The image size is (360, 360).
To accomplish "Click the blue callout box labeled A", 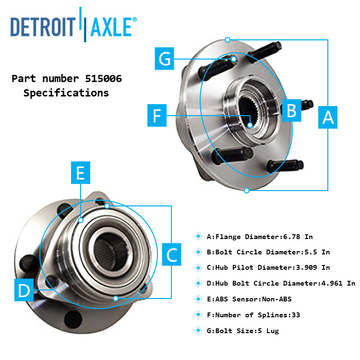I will click(328, 117).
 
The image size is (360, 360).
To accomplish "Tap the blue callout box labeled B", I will click(291, 110).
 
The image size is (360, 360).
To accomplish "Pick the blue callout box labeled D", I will click(24, 290).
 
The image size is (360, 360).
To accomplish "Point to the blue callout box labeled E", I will click(81, 173).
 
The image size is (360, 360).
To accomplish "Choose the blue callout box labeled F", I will click(157, 116).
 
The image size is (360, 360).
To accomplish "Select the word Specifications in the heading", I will click(66, 93).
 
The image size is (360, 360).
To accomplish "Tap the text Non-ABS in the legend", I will click(276, 299).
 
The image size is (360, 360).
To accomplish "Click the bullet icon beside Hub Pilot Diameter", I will click(198, 267).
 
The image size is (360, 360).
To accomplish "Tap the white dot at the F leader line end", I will click(250, 125).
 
